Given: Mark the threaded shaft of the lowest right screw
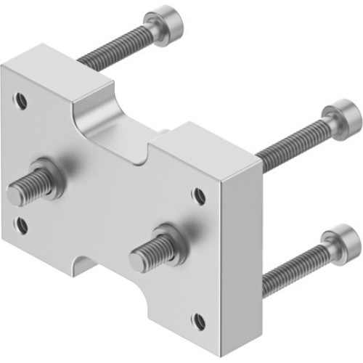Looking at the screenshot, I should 294,268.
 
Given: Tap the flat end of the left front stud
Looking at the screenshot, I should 15,194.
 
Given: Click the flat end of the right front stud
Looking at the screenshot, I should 138,258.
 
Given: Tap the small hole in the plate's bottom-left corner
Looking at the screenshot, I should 23,225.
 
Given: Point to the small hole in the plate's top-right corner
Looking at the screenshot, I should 198,195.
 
